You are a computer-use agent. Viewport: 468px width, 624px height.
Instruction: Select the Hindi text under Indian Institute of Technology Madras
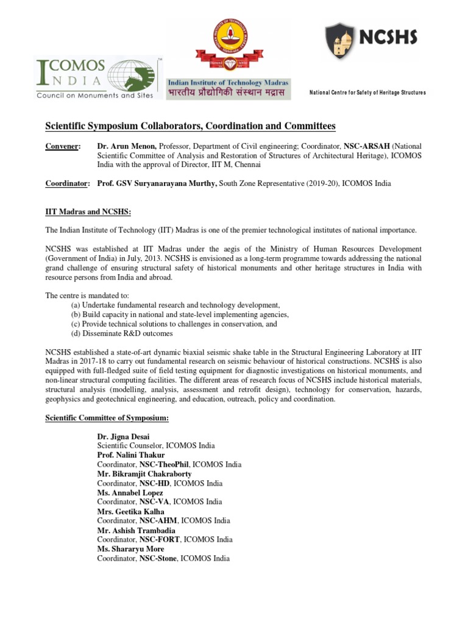(229, 93)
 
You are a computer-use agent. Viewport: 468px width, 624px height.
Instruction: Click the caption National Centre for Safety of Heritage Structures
(367, 93)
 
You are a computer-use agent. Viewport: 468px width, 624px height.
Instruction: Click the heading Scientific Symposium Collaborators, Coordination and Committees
(191, 126)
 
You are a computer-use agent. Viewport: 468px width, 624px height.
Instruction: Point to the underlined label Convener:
(63, 147)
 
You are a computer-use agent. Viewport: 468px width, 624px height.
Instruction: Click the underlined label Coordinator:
(68, 183)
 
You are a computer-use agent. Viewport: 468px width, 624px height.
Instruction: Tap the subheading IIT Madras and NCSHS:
(88, 211)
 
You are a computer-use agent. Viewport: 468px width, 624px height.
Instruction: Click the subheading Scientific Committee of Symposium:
(107, 419)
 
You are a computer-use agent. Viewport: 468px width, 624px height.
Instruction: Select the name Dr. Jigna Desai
(123, 436)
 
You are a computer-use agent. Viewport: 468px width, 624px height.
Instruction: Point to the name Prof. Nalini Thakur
(127, 455)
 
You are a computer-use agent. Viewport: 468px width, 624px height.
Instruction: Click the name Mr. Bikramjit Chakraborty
(144, 474)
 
